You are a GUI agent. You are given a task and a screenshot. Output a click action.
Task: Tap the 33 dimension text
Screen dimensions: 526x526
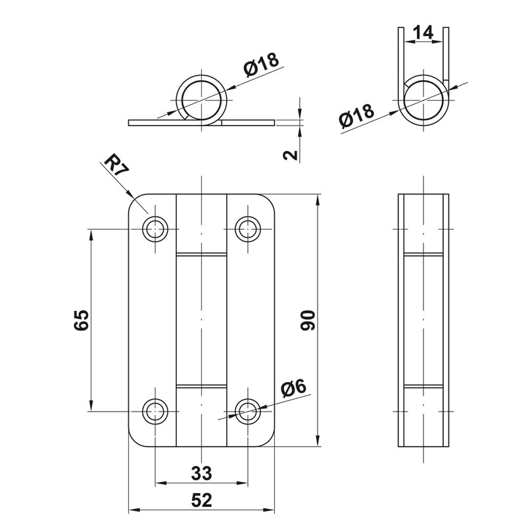pyautogui.click(x=201, y=472)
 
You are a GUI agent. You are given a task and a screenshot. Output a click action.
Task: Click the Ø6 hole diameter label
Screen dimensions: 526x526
pyautogui.click(x=294, y=389)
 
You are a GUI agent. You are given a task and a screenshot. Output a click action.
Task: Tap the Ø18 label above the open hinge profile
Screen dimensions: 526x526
pyautogui.click(x=261, y=66)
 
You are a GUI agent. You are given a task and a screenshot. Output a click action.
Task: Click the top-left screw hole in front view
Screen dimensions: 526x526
pyautogui.click(x=156, y=229)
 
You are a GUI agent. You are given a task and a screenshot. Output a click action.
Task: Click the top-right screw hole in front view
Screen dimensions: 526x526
pyautogui.click(x=248, y=229)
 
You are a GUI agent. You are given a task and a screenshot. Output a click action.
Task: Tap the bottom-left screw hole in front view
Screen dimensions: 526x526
pyautogui.click(x=156, y=411)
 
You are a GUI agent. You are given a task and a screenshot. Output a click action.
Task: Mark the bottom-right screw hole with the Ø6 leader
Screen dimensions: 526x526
pyautogui.click(x=248, y=411)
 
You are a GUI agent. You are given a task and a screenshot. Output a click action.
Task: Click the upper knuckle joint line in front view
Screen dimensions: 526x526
pyautogui.click(x=201, y=254)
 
